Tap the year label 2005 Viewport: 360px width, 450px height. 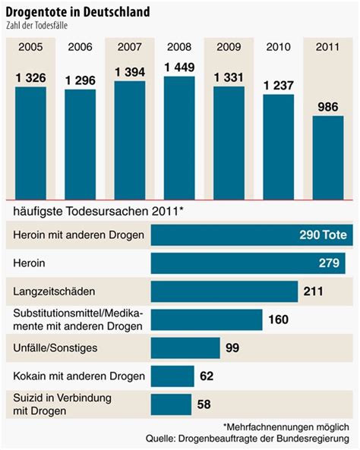coord(31,48)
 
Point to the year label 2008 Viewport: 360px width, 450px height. coord(179,48)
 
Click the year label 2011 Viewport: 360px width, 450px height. coord(327,48)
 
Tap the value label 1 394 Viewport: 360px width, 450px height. coord(130,72)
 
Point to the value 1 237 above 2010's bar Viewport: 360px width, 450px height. coord(278,86)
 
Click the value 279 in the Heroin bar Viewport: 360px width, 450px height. coord(331,263)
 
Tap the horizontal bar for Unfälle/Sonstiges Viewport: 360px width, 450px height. coord(185,348)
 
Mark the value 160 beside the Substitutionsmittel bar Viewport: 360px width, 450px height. coord(278,319)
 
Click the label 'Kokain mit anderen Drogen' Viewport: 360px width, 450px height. coord(74,376)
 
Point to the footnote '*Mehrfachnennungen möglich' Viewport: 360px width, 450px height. coord(286,427)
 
